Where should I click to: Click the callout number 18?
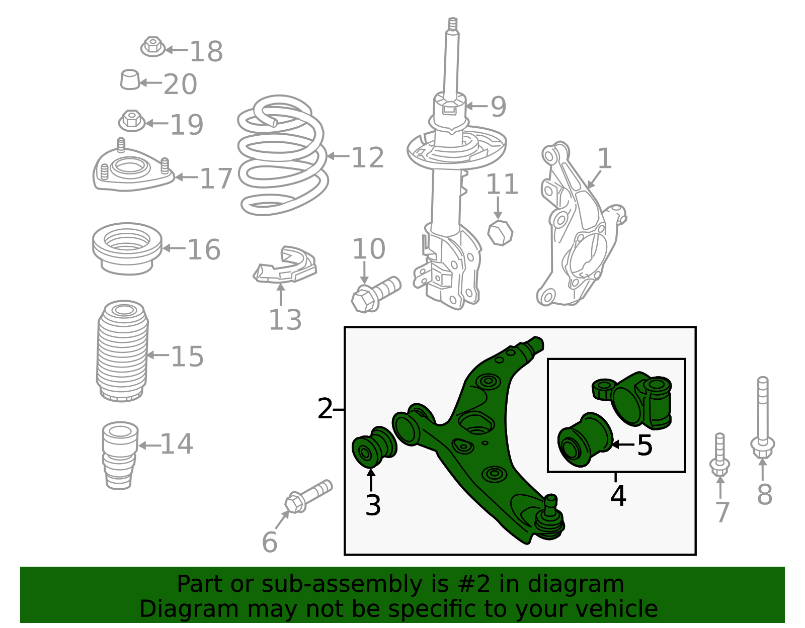pos(206,51)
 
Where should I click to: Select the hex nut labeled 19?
pos(131,121)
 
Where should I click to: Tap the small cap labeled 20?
pos(130,79)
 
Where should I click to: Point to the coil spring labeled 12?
pos(283,155)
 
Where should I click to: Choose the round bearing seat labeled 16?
pos(127,249)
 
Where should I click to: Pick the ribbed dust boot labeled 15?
pos(122,351)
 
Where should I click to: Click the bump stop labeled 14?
pos(120,455)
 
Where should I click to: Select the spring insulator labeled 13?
pos(285,265)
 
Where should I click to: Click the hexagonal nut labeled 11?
pos(500,232)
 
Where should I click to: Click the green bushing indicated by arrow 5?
pos(584,439)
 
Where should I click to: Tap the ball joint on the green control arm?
pos(550,518)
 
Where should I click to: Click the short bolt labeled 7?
pos(720,455)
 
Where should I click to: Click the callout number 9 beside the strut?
pos(498,107)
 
